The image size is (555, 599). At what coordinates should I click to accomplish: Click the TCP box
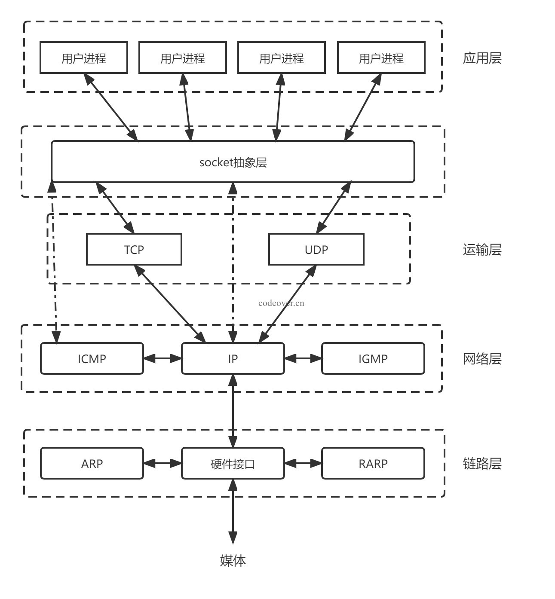coord(134,249)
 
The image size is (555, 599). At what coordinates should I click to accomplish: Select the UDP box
coord(316,249)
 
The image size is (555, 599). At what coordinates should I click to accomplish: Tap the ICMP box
coord(92,358)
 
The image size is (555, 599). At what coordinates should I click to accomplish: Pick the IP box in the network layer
coord(233,358)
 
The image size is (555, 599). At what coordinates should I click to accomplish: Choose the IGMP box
coord(373,358)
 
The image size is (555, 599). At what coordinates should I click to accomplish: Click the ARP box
coord(92,463)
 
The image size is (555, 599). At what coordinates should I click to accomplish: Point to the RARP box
coord(373,463)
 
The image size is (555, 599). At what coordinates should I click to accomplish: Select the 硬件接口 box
coord(233,463)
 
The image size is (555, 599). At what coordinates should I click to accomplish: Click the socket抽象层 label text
coord(233,162)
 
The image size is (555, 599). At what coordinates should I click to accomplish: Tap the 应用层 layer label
coord(482,58)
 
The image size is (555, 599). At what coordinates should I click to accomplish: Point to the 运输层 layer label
coord(482,249)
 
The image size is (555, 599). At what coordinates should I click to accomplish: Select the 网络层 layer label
coord(482,358)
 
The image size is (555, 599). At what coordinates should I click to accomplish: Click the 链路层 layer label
coord(482,463)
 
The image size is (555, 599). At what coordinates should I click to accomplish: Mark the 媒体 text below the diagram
coord(233,560)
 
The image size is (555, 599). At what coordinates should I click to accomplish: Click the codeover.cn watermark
coord(281,303)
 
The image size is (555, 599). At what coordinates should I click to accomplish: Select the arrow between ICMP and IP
coord(163,358)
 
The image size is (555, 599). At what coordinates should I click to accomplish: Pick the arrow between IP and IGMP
coord(303,358)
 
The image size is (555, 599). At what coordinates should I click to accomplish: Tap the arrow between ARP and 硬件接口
coord(163,463)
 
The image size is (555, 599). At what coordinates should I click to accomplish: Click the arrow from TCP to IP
coord(170,304)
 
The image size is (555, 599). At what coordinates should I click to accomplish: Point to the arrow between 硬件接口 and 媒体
coord(233,511)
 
